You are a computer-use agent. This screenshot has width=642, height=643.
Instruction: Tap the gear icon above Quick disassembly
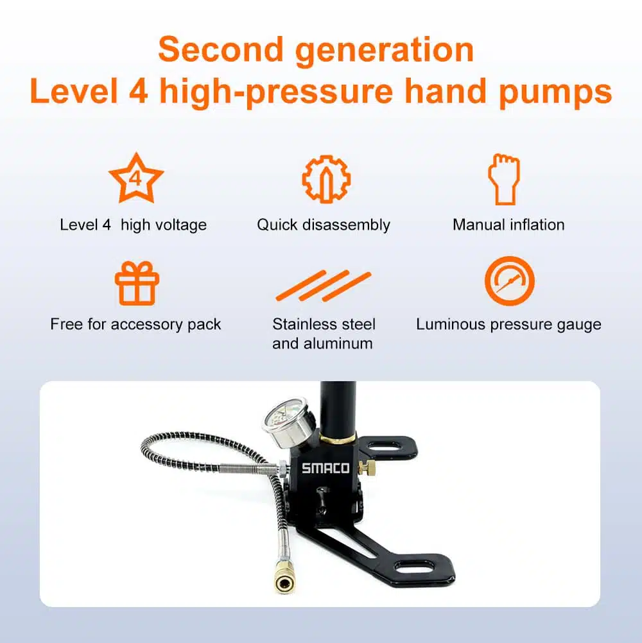[x=326, y=179]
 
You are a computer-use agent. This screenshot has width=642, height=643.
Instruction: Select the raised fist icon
[x=504, y=179]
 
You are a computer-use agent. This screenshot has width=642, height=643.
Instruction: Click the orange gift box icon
[x=137, y=284]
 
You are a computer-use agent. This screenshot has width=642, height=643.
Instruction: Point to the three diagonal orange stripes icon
[x=324, y=286]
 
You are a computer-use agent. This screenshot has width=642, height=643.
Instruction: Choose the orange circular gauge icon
[x=510, y=281]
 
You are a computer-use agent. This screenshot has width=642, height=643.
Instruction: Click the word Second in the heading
[x=221, y=49]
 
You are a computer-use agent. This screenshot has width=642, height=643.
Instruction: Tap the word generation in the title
[x=385, y=51]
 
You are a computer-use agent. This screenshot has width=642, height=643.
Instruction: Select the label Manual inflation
[x=508, y=225]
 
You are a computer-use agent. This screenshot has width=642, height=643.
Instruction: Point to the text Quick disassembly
[x=324, y=225]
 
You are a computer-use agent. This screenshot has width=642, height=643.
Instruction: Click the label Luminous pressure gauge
[x=508, y=325]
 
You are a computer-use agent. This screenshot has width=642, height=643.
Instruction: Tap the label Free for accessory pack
[x=135, y=324]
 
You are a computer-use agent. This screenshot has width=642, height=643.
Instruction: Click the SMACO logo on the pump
[x=325, y=468]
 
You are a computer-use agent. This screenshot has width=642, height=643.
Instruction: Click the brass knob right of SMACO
[x=368, y=467]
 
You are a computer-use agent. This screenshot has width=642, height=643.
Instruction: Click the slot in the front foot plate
[x=414, y=567]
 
